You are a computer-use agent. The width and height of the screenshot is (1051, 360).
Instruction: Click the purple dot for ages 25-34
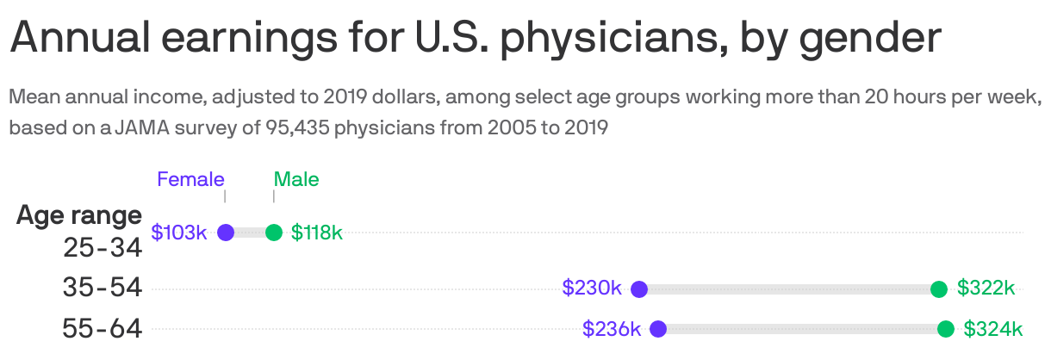coord(226,233)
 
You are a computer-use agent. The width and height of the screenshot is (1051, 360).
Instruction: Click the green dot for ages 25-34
coord(274,233)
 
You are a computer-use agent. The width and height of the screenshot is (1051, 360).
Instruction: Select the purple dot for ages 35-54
coord(639,289)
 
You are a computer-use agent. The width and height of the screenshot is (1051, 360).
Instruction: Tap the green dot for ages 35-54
coord(939,289)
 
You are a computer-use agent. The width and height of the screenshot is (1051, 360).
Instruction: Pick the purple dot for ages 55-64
coord(658,328)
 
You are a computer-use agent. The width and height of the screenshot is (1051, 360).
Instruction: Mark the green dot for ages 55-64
coord(946,328)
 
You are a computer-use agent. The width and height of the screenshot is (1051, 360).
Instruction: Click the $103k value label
coord(179,233)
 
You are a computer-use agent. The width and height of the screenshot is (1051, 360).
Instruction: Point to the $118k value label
coord(317,233)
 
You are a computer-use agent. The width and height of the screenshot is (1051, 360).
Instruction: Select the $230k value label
coord(592,289)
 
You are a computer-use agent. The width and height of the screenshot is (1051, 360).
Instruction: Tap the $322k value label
coord(986,289)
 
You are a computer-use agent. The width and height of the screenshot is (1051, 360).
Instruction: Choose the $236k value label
coord(612,328)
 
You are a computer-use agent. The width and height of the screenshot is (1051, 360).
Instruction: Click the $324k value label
coord(992,328)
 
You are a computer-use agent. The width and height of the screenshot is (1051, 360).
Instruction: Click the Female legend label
coord(190,179)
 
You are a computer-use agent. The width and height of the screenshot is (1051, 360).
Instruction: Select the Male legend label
coord(296,179)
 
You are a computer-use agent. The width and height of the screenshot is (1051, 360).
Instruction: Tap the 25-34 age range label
coord(103,248)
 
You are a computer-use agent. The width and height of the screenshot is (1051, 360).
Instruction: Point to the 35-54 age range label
coord(103,288)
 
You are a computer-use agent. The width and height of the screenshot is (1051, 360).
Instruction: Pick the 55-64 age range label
coord(103,328)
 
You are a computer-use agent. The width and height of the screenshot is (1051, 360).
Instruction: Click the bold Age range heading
coord(79,214)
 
